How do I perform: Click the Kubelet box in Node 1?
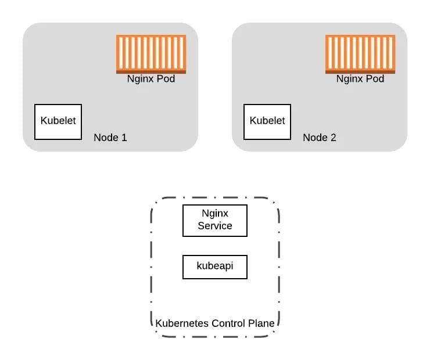pyautogui.click(x=58, y=122)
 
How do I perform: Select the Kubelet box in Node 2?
pyautogui.click(x=267, y=122)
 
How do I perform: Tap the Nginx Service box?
pyautogui.click(x=215, y=221)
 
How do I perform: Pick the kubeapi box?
pyautogui.click(x=215, y=267)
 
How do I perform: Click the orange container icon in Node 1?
pyautogui.click(x=151, y=54)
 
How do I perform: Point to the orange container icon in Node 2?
pyautogui.click(x=360, y=54)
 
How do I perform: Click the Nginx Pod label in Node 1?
pyautogui.click(x=151, y=79)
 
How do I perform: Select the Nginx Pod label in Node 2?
pyautogui.click(x=360, y=79)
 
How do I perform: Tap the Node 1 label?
pyautogui.click(x=110, y=138)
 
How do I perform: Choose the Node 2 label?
pyautogui.click(x=320, y=138)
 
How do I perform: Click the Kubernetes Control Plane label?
pyautogui.click(x=215, y=323)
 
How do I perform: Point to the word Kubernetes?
pyautogui.click(x=182, y=323)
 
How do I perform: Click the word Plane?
pyautogui.click(x=261, y=323)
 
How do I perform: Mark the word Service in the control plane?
pyautogui.click(x=215, y=226)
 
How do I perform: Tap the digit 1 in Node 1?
pyautogui.click(x=124, y=138)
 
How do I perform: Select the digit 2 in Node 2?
pyautogui.click(x=333, y=138)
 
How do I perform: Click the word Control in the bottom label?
pyautogui.click(x=228, y=323)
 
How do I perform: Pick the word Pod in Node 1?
pyautogui.click(x=166, y=78)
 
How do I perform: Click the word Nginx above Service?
pyautogui.click(x=215, y=214)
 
